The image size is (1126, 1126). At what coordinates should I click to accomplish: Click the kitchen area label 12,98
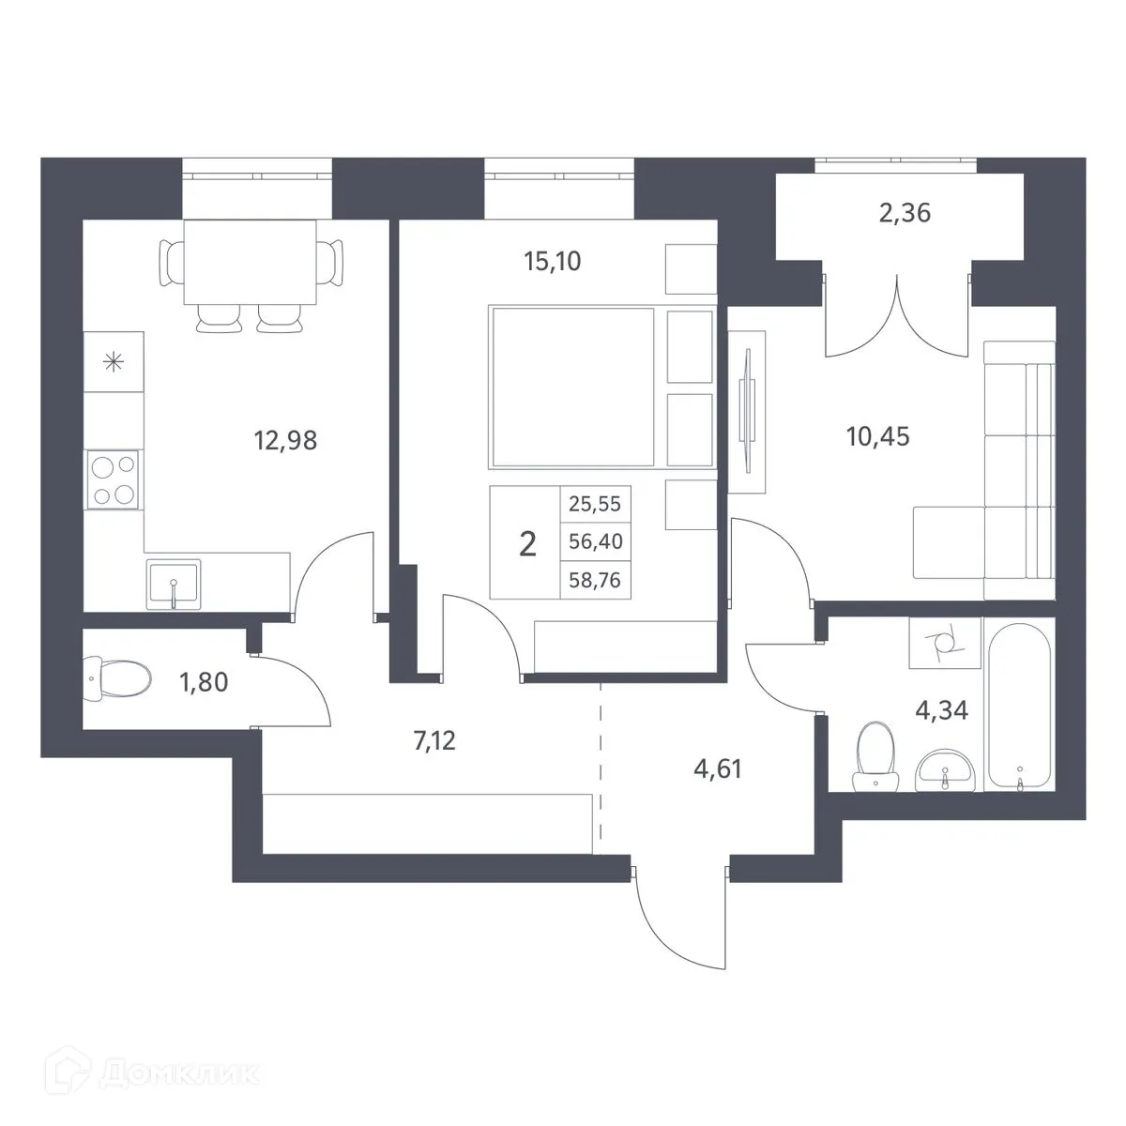(x=285, y=441)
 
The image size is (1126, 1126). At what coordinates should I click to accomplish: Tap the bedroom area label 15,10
(x=552, y=262)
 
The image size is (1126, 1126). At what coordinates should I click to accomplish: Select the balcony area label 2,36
(x=905, y=213)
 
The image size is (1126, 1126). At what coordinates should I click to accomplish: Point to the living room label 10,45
(x=877, y=436)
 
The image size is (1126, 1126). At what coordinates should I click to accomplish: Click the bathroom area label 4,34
(x=941, y=710)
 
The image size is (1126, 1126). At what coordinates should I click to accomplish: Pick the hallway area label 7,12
(x=434, y=741)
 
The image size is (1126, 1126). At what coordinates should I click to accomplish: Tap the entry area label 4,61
(x=718, y=769)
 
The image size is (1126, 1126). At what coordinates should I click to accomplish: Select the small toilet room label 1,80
(x=204, y=682)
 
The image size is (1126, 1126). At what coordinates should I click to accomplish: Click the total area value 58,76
(x=595, y=581)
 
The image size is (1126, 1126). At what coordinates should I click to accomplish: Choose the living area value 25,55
(x=595, y=504)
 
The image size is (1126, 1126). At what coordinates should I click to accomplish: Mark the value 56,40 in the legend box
(x=595, y=541)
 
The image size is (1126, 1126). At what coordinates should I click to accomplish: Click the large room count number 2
(x=527, y=544)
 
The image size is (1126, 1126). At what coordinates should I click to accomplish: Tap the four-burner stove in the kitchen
(x=114, y=479)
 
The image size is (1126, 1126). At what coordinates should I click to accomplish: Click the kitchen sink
(x=174, y=585)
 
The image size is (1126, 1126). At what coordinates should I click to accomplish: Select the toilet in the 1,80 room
(x=117, y=679)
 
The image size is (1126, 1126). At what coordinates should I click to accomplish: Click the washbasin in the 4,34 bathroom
(x=944, y=772)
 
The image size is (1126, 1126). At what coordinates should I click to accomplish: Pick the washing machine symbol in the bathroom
(x=945, y=644)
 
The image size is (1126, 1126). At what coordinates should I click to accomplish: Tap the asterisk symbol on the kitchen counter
(x=114, y=362)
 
